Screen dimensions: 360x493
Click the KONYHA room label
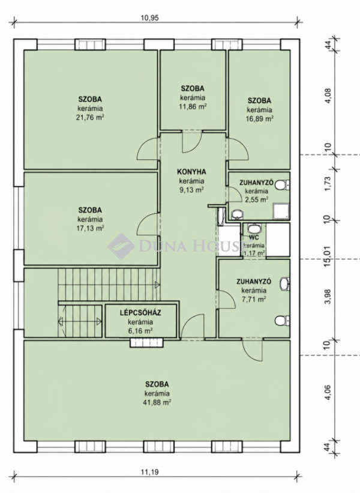coord(191,172)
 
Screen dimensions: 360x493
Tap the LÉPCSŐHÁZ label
coord(140,313)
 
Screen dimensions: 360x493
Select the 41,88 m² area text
coord(157,402)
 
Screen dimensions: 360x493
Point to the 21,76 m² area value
coord(91,118)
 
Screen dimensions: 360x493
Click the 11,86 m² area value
coord(193,106)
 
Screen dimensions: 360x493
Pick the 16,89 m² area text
coord(259,119)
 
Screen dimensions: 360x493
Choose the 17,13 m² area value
coord(91,228)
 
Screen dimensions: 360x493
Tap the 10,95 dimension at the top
coord(150,18)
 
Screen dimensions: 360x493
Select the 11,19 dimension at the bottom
coord(150,471)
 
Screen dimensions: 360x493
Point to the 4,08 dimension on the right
coord(328,101)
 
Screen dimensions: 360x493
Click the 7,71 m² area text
coord(254,299)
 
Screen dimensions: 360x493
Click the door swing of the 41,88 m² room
coord(252,350)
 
